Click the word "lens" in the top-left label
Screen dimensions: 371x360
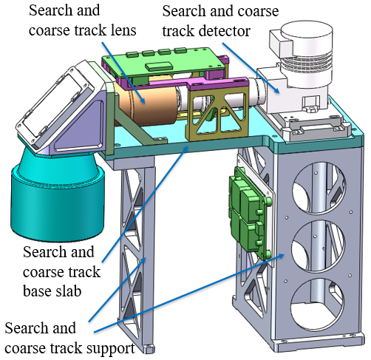123,30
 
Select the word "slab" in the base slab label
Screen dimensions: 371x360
67,291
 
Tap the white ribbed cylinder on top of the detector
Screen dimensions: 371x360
306,54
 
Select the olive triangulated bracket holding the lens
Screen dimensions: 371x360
218,112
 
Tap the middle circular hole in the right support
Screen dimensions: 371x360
319,247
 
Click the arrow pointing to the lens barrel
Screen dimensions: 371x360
123,72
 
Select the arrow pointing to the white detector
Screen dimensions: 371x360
251,68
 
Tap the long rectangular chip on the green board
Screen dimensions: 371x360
159,67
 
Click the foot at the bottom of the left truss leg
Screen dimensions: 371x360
149,349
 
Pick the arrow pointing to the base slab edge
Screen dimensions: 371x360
146,204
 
